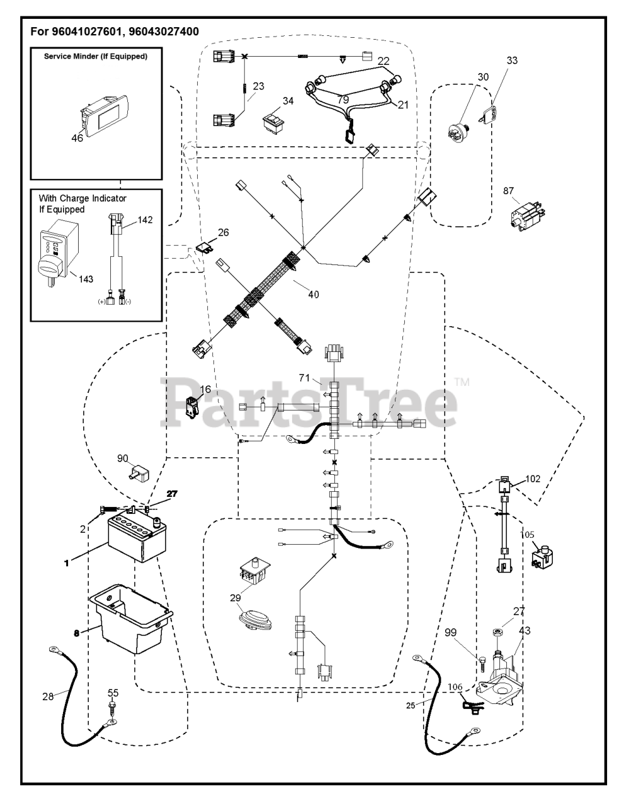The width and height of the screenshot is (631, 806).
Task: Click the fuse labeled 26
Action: point(203,247)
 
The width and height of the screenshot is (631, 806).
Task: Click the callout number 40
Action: point(313,294)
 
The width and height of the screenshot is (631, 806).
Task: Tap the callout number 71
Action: point(305,378)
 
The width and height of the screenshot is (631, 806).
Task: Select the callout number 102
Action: point(533,478)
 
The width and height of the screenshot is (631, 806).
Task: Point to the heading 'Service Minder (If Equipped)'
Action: point(96,56)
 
